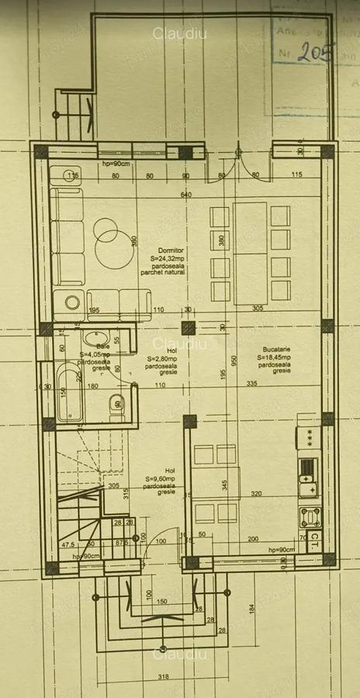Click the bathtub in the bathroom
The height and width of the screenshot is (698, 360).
(x=69, y=396)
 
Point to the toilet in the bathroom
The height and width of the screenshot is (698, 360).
(x=116, y=403)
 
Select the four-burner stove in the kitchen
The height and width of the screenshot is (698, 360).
(x=310, y=517)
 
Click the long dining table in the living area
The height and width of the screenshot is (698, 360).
(x=250, y=252)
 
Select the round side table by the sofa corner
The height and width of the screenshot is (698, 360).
(x=73, y=302)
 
